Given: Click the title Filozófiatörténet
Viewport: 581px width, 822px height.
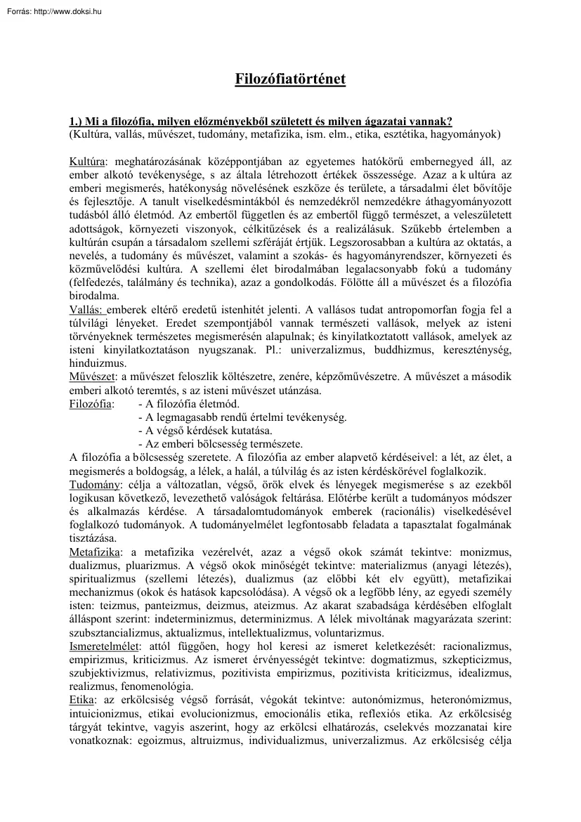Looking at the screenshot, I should point(290,79).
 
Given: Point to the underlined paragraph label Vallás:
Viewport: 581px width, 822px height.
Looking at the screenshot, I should point(87,310).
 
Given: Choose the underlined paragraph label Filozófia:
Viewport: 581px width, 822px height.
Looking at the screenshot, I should point(91,404).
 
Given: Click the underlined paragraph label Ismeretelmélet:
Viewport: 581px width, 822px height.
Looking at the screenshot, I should point(105,645).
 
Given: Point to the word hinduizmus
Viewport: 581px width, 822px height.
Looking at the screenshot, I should point(98,363).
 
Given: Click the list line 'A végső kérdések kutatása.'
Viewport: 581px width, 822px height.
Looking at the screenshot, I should point(205,431).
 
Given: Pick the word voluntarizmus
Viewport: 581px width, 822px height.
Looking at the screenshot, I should point(341,632).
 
